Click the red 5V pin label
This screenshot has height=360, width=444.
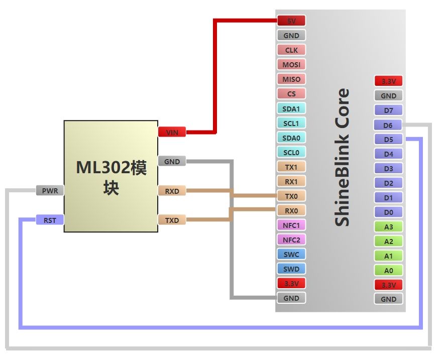291,21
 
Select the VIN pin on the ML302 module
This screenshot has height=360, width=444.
172,132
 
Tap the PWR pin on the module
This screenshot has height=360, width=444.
50,191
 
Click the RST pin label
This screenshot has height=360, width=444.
50,220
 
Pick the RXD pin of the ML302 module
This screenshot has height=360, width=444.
172,191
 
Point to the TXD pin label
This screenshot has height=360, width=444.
172,220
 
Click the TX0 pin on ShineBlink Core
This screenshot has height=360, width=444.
291,196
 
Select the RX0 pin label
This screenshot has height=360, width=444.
291,210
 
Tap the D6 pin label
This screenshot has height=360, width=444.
388,125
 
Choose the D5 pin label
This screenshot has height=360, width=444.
388,140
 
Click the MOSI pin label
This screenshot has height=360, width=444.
291,65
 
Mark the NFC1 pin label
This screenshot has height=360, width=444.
291,225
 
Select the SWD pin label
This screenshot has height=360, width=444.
291,269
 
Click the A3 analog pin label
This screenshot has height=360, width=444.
388,227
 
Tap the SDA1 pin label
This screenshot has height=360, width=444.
291,108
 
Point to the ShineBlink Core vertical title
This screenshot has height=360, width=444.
342,157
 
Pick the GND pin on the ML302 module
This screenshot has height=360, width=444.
172,162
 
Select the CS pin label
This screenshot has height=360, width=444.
291,94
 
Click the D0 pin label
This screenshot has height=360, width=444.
388,212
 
